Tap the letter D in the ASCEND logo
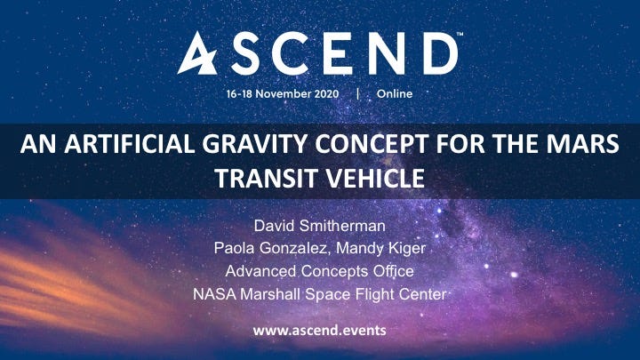point(441,53)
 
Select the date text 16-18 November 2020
point(283,94)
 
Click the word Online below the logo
point(395,94)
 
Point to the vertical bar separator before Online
point(358,94)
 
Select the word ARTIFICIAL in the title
point(130,144)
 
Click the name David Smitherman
point(320,226)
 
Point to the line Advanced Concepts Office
point(320,271)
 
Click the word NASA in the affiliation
point(214,294)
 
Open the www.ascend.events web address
point(320,330)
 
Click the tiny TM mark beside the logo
point(460,35)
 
